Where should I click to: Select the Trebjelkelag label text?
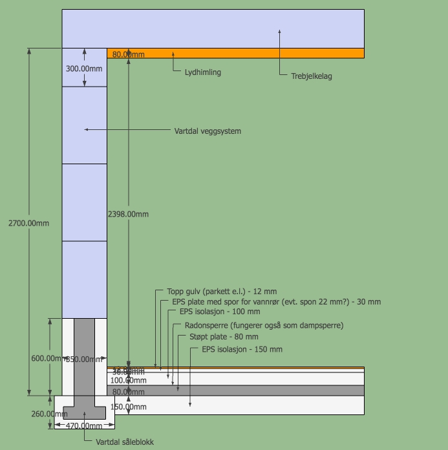click(x=312, y=76)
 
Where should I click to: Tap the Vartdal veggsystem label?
click(x=208, y=131)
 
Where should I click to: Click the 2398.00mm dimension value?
click(x=129, y=214)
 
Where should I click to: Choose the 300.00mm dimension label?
click(x=84, y=69)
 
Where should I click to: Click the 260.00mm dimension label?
click(x=49, y=414)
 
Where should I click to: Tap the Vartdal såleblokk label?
click(x=125, y=442)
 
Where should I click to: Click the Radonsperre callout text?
click(x=264, y=325)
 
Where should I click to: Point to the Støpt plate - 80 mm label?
click(x=224, y=337)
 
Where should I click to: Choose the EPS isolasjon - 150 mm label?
click(x=242, y=349)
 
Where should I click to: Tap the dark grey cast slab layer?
click(x=259, y=391)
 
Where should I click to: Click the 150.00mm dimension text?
click(x=129, y=407)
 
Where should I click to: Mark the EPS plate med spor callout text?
click(x=276, y=302)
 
